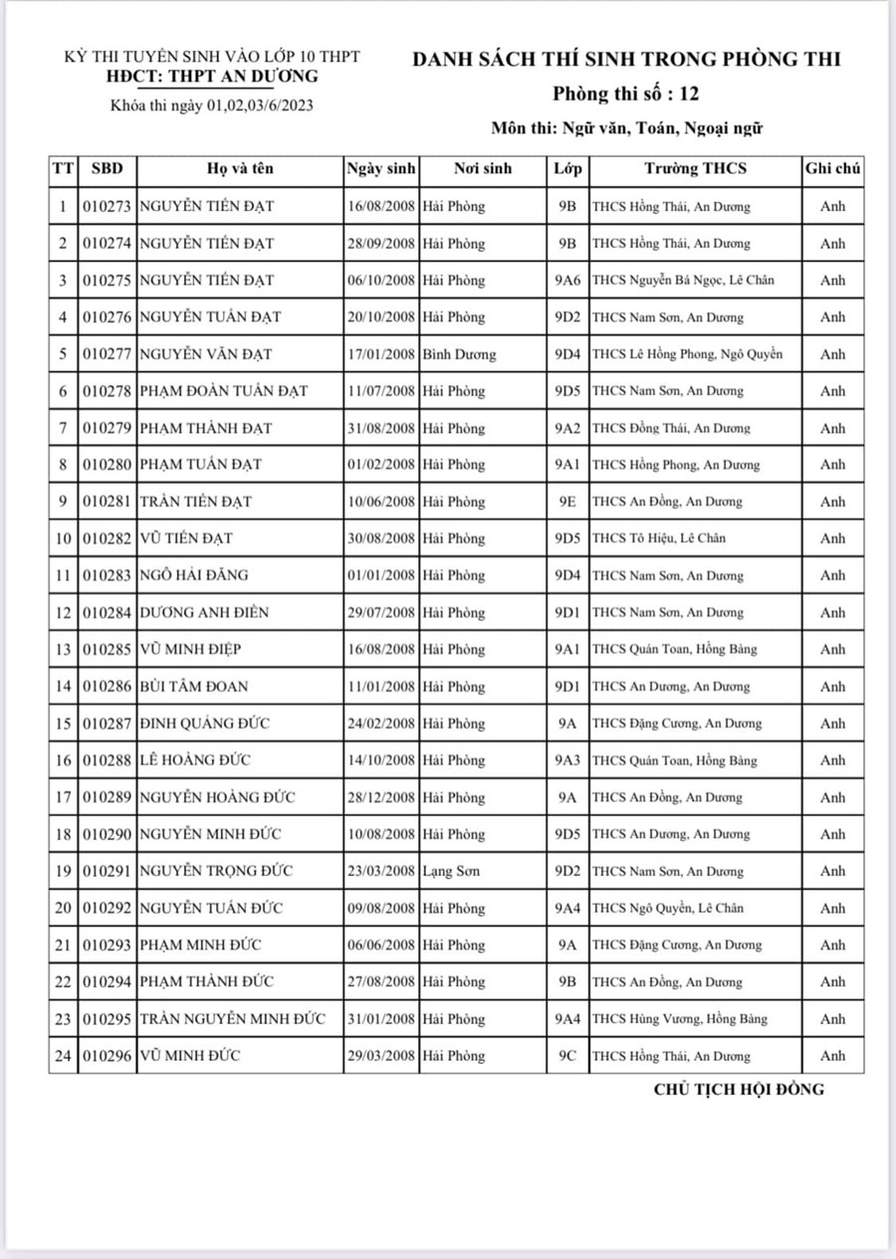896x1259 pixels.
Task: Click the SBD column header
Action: (107, 168)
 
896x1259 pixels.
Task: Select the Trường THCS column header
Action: (695, 168)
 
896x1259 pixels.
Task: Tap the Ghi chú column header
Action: (832, 168)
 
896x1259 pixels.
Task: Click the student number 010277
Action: (107, 353)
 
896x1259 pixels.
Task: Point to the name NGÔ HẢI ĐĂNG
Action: (194, 575)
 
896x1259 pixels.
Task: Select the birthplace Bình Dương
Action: (459, 353)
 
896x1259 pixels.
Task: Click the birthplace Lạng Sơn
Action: (451, 871)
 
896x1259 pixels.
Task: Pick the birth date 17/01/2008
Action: (381, 353)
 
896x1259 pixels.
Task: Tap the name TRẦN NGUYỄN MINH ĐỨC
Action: (233, 1018)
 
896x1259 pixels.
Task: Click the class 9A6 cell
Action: (567, 280)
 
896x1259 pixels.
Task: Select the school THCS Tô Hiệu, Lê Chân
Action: (659, 538)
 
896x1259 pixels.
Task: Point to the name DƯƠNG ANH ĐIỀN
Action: (204, 612)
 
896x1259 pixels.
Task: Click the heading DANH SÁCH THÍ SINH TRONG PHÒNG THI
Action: (626, 60)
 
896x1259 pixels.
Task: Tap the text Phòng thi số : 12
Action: (626, 95)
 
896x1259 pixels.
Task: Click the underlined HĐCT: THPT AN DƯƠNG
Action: (212, 77)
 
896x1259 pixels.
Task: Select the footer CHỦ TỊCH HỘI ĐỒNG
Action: (739, 1089)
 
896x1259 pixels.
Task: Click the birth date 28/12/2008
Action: (381, 797)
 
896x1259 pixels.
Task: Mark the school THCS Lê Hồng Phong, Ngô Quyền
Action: (687, 353)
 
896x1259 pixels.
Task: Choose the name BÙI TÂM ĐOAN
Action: (194, 686)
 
